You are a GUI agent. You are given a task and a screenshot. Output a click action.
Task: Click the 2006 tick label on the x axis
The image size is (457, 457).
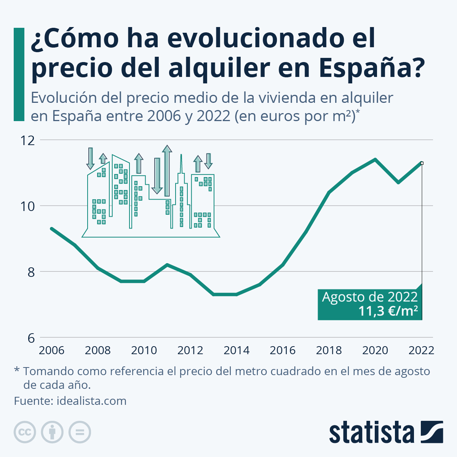pyautogui.click(x=51, y=350)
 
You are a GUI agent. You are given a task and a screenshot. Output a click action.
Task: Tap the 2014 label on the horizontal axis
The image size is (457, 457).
pyautogui.click(x=236, y=350)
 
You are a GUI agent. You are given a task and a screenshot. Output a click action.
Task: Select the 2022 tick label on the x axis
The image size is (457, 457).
pyautogui.click(x=421, y=350)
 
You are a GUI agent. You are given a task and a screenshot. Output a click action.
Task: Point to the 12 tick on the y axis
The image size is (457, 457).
pyautogui.click(x=27, y=141)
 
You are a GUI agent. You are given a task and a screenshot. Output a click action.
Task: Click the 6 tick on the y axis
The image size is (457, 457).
pyautogui.click(x=31, y=338)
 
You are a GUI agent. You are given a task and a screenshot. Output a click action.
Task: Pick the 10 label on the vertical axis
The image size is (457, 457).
pyautogui.click(x=27, y=206)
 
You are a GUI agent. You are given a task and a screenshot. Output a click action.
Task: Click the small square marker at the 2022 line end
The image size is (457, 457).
pyautogui.click(x=422, y=163)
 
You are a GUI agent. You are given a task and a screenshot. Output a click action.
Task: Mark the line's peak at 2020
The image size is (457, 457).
pyautogui.click(x=375, y=159)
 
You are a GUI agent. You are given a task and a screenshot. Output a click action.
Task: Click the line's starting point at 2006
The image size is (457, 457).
pyautogui.click(x=51, y=228)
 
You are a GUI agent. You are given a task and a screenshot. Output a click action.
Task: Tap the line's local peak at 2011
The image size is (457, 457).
pyautogui.click(x=167, y=265)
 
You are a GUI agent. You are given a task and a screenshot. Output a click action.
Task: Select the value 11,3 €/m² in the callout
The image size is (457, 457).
pyautogui.click(x=388, y=311)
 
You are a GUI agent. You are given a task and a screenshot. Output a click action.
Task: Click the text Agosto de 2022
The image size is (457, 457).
pyautogui.click(x=370, y=297)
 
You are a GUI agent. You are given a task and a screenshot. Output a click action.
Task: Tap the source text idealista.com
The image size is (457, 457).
pyautogui.click(x=91, y=401)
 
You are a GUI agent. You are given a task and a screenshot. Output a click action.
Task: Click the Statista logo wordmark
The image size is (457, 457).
pyautogui.click(x=371, y=433)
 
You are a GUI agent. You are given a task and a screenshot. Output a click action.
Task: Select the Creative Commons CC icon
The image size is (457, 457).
pyautogui.click(x=25, y=432)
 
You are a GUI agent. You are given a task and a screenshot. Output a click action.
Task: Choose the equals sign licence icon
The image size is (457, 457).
pyautogui.click(x=80, y=432)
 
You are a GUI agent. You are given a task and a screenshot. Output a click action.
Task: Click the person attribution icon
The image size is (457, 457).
pyautogui.click(x=52, y=432)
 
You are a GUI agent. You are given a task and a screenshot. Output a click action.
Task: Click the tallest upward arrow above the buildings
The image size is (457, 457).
pyautogui.click(x=166, y=169)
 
